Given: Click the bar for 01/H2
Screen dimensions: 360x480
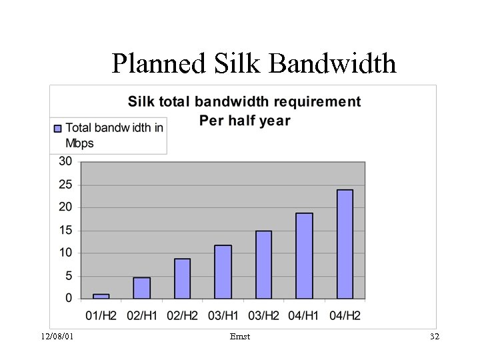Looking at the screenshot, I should tap(101, 296).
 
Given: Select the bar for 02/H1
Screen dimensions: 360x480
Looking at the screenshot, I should tap(141, 288).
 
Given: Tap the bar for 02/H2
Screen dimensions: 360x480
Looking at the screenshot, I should tap(182, 279).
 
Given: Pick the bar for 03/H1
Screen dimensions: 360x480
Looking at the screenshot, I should tap(223, 272).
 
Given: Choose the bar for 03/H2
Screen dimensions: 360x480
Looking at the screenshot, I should tap(263, 265).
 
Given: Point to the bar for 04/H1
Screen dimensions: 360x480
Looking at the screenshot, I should tap(304, 256).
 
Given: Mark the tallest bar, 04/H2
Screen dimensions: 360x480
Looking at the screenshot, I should tap(345, 244).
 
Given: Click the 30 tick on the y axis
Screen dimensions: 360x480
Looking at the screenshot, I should tap(65, 161).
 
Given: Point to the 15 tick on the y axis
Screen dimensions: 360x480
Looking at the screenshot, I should tap(65, 231).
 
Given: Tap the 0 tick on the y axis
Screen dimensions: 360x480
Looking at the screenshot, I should tap(69, 299).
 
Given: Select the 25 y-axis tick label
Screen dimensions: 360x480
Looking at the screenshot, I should tap(65, 185).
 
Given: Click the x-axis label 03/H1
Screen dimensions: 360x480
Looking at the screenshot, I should tap(223, 315).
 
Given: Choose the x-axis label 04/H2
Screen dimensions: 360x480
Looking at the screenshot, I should tap(344, 315).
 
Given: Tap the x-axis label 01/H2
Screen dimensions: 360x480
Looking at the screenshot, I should tap(101, 315).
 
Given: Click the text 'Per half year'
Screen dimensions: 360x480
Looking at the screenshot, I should tap(245, 121).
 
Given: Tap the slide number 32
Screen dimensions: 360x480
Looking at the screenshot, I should tap(434, 337).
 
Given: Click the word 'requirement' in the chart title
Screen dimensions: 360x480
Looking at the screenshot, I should tap(320, 102).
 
